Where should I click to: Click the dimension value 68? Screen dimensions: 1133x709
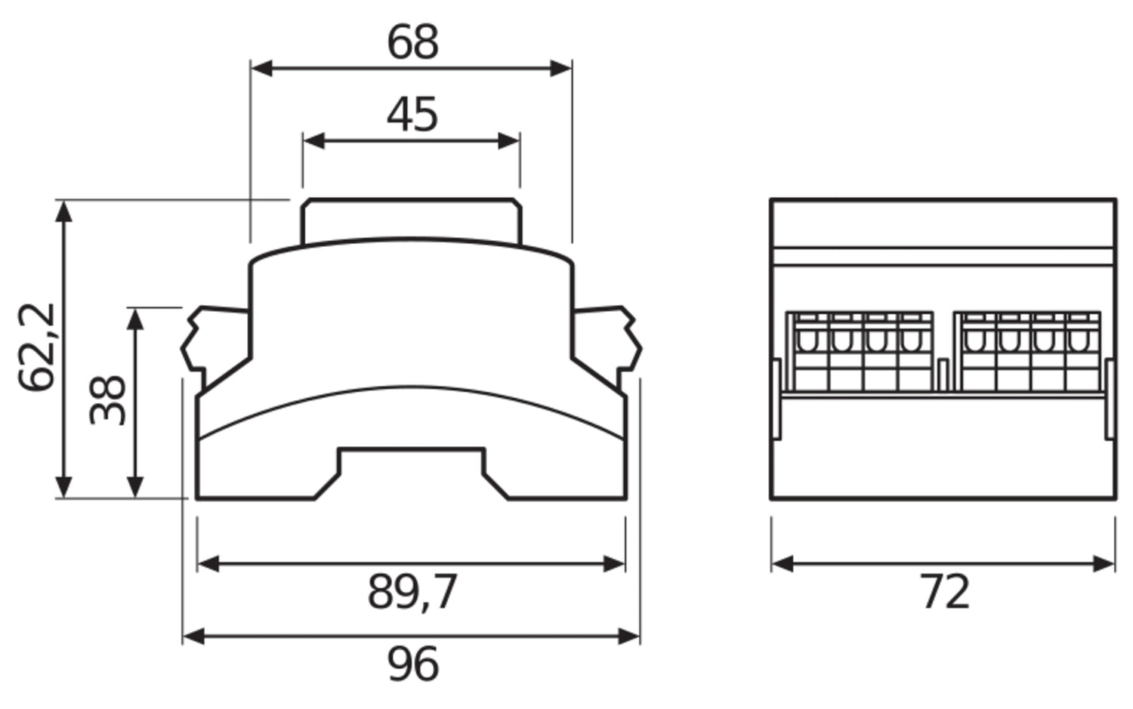412,42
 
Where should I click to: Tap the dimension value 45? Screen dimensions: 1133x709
412,115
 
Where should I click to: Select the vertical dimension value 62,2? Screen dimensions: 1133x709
36,347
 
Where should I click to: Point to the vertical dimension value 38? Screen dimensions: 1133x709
107,400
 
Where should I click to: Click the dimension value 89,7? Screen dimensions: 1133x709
412,592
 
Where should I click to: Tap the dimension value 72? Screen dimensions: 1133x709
945,592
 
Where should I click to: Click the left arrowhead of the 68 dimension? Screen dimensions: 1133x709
261,68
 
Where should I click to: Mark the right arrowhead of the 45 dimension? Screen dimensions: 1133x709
509,141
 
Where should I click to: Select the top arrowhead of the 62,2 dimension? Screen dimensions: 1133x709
63,211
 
